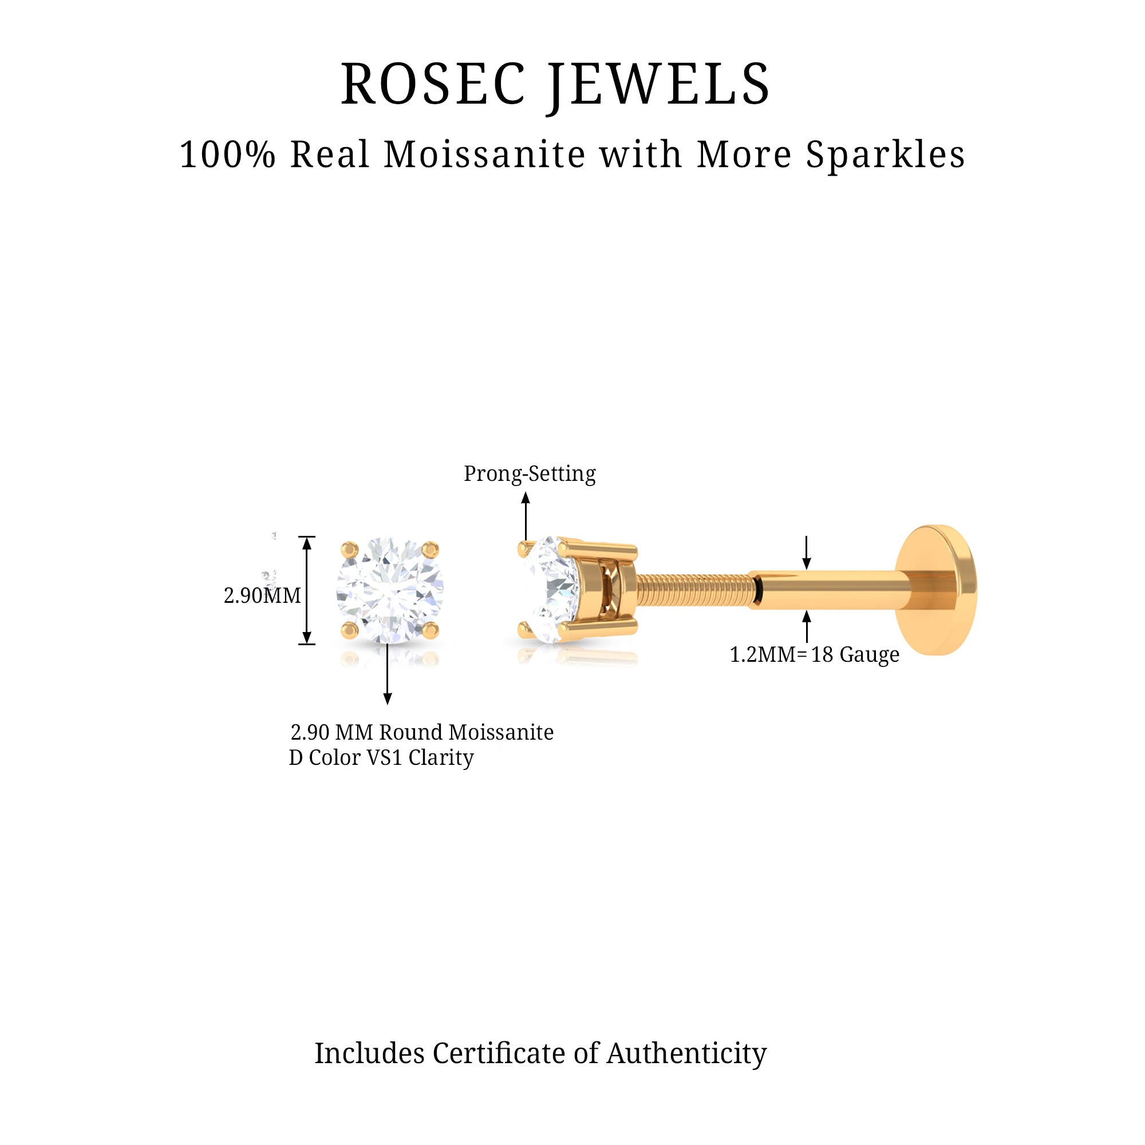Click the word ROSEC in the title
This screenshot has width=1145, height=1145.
433,84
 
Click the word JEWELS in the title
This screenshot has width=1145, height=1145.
659,84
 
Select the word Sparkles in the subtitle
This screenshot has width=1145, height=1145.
886,155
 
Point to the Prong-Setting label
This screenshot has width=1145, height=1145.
529,473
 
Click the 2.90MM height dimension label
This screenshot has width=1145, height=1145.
262,595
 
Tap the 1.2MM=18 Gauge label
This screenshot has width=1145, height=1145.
814,654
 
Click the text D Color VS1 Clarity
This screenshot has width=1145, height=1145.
381,757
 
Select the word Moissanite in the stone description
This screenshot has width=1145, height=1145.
501,733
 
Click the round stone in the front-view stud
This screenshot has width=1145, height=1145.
389,591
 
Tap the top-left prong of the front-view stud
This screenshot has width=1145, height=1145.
350,550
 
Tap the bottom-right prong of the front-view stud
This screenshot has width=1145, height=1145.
431,630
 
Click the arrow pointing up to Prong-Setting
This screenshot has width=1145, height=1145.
526,516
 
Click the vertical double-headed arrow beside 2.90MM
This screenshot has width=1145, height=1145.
306,590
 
